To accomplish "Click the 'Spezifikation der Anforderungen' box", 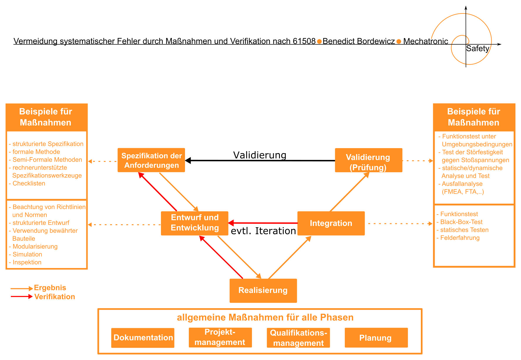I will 151,160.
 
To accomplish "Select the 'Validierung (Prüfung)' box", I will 369,160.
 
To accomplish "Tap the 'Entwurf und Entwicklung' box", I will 195,223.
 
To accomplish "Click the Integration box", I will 331,223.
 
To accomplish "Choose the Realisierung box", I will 263,291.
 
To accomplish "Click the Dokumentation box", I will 143,338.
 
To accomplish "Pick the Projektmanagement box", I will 220,337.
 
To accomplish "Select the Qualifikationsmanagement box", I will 298,338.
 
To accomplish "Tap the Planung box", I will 376,338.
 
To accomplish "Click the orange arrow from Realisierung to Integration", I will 290,257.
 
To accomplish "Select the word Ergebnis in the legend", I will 50,288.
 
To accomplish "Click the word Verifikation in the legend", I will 55,297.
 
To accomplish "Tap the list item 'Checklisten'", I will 29,183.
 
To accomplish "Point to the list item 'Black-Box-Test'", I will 461,222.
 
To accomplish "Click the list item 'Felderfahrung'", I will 460,238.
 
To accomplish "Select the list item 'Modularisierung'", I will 35,247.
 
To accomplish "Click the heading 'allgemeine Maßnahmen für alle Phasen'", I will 265,318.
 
